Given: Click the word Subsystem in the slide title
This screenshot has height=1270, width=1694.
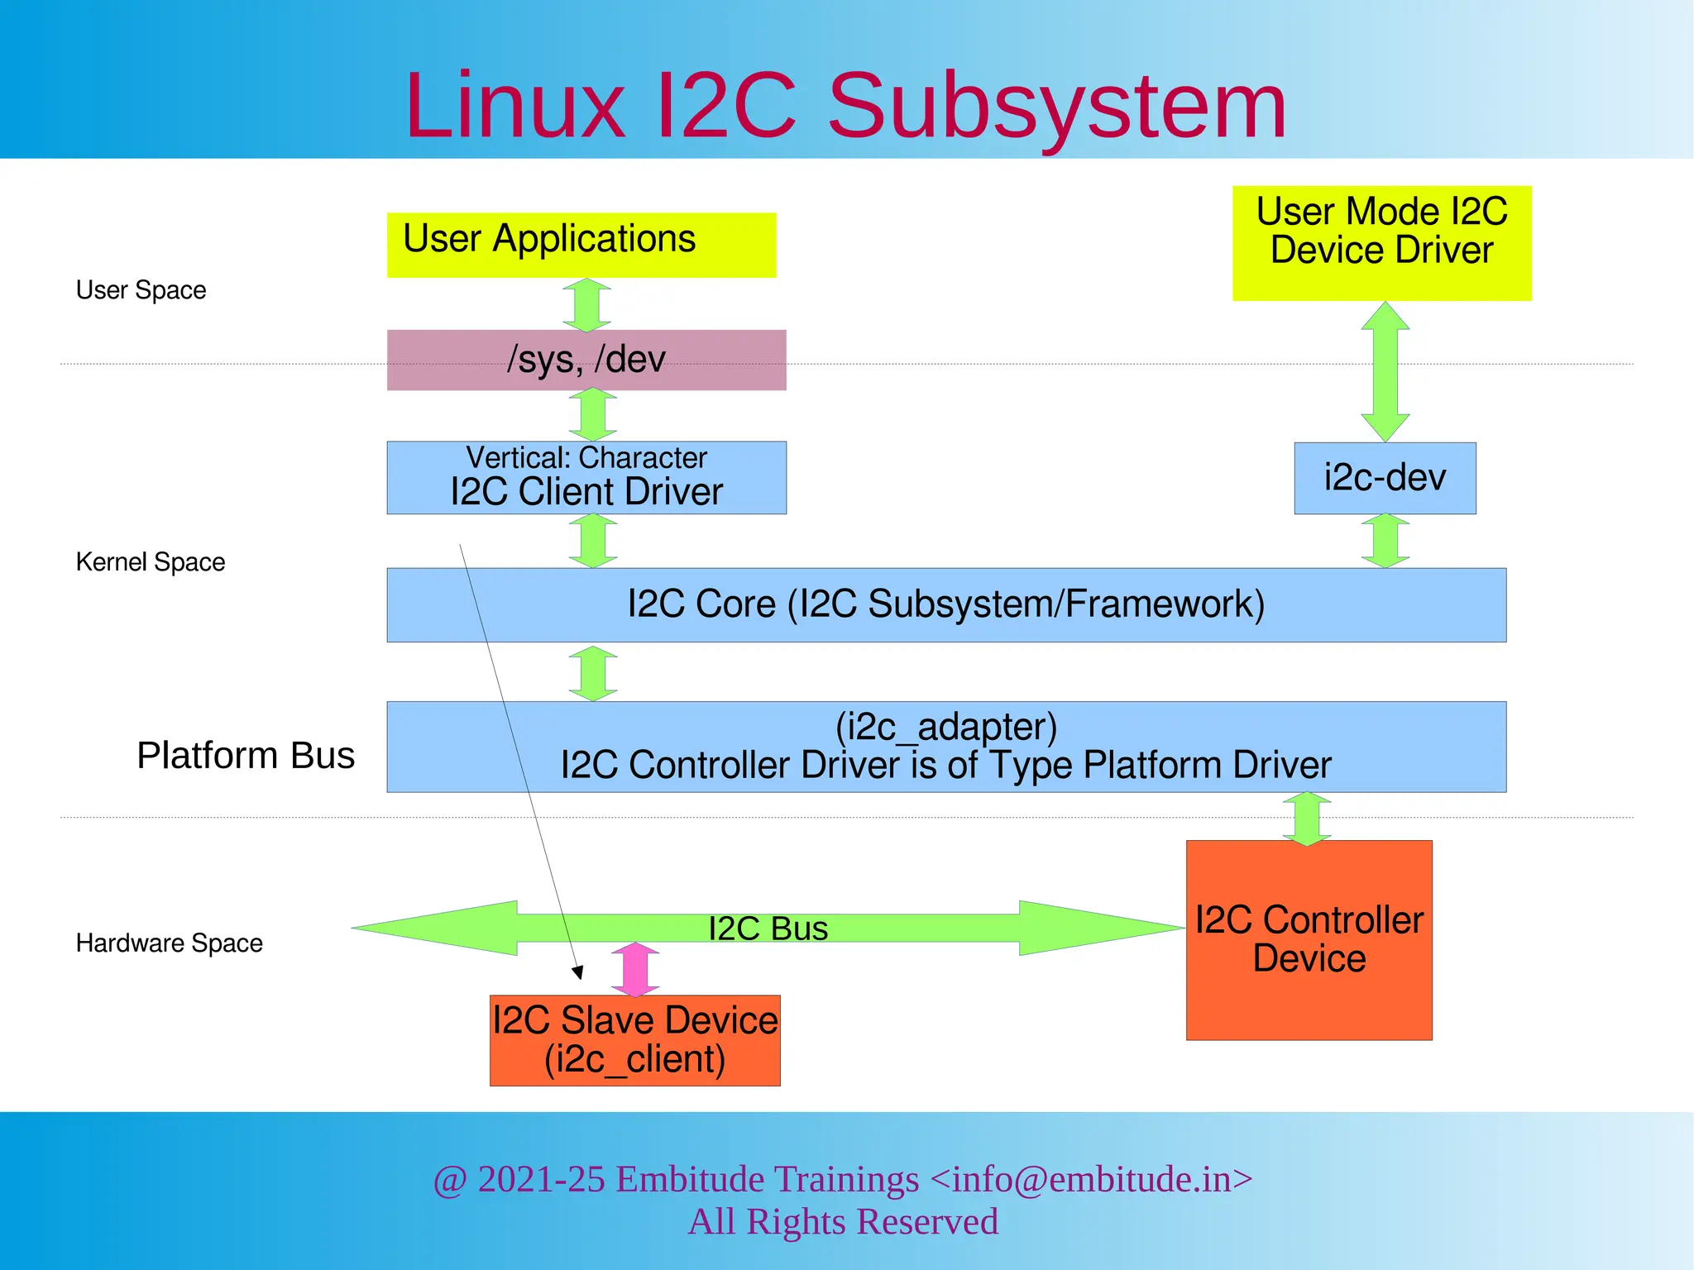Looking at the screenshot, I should [1056, 106].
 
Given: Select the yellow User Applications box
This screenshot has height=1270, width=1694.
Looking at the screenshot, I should [581, 245].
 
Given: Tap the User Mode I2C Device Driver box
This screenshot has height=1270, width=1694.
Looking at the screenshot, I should [1381, 242].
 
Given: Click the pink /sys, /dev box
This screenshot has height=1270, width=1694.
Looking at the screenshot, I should [586, 360].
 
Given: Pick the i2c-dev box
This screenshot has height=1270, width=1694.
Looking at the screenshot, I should [1385, 478].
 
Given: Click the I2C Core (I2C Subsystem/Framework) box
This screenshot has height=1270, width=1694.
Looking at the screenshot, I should [945, 604].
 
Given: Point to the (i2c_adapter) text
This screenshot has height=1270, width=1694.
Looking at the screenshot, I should [945, 727].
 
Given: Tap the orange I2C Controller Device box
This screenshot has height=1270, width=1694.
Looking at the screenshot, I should [1309, 939].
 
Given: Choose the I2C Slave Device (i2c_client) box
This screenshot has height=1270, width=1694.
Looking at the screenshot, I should [634, 1039].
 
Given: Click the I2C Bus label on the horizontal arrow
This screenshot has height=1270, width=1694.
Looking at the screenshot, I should [768, 929].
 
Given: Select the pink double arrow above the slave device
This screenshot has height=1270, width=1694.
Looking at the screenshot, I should [635, 969].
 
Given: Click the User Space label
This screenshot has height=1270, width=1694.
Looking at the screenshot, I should [141, 290].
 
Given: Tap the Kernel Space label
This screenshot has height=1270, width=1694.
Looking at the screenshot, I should [150, 562].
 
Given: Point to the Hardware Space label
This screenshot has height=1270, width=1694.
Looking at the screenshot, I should [169, 943].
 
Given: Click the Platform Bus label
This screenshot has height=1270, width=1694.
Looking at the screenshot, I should [245, 755].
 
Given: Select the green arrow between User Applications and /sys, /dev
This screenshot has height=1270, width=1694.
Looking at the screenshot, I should [586, 304].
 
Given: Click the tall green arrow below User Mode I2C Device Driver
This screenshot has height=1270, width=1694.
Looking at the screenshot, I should [1385, 371].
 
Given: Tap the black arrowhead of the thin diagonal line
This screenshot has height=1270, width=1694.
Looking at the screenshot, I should [578, 972].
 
